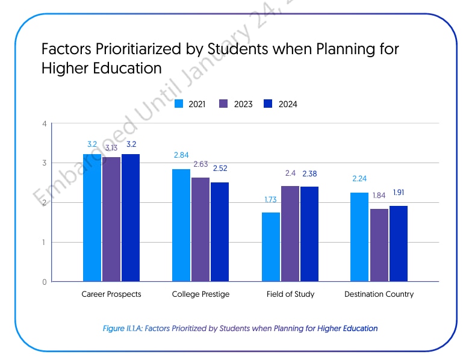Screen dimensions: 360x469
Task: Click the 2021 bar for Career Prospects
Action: coord(92,218)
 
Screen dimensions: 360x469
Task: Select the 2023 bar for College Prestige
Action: coord(200,229)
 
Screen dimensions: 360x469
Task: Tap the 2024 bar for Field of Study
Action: coord(309,234)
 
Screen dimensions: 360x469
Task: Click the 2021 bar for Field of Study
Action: coord(271,247)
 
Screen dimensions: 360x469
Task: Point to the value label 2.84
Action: coord(181,155)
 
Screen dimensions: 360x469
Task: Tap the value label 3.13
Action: coord(112,148)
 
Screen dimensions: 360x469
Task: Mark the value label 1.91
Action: coord(399,193)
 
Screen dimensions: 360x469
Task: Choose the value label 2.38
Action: coord(309,173)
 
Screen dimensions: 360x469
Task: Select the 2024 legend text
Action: coord(288,104)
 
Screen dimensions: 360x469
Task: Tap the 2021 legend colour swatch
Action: coord(178,104)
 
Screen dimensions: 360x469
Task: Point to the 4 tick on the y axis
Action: coord(44,124)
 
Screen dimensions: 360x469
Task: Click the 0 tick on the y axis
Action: coord(44,282)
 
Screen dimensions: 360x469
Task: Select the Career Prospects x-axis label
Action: coord(111,294)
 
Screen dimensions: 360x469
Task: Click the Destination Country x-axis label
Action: coord(379,294)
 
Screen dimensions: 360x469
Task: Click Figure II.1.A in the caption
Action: coord(123,329)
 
